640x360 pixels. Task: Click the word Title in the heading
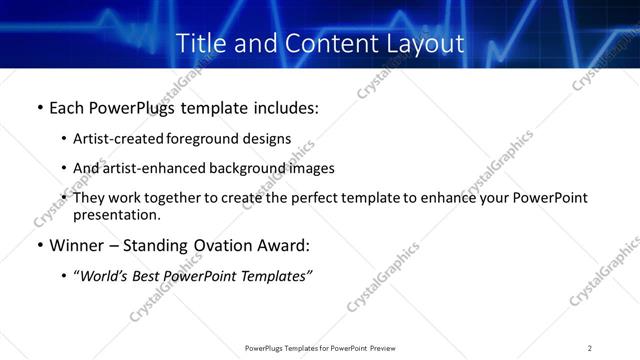coord(199,44)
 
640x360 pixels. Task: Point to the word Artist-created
coord(113,139)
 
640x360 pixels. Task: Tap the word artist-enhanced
coord(146,168)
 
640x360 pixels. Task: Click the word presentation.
coord(115,215)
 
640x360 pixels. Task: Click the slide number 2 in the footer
coord(589,348)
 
